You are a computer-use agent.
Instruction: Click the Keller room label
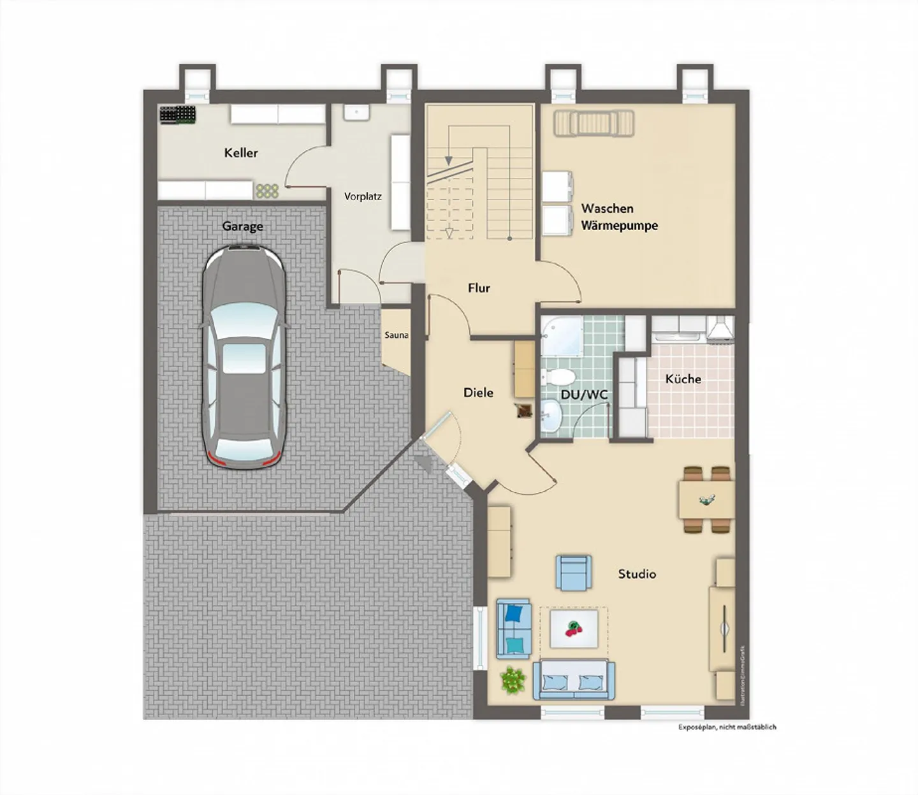coord(241,153)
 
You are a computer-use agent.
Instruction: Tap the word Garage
coord(242,226)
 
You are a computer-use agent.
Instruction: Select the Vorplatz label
coord(363,196)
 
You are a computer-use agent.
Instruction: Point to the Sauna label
coord(396,335)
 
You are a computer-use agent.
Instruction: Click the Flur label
coord(479,288)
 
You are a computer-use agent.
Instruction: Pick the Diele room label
coord(478,393)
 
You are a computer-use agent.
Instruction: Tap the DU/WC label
coord(584,395)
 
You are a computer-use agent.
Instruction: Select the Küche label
coord(683,379)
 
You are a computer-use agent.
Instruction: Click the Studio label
coord(637,574)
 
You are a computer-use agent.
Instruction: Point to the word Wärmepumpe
coord(619,226)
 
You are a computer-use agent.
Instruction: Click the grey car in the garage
coord(244,357)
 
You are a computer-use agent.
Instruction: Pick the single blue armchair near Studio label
coord(574,572)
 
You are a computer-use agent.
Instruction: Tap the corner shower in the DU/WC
coord(561,336)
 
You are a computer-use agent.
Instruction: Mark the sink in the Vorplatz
coord(356,113)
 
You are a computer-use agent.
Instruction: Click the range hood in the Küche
coord(719,328)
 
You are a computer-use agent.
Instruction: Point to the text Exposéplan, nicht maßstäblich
coord(727,727)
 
